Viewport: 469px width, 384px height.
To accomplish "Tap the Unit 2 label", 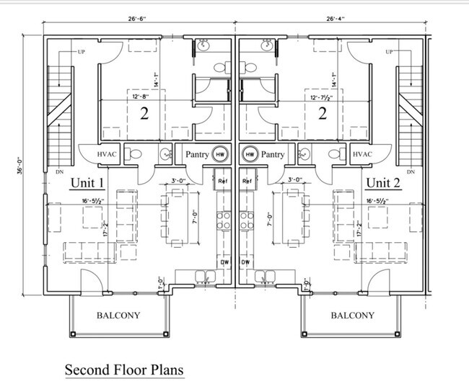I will coord(383,182).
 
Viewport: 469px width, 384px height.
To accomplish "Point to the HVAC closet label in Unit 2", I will coord(361,154).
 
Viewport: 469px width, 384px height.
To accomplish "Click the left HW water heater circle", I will coord(221,154).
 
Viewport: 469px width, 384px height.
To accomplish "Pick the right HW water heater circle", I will coord(250,154).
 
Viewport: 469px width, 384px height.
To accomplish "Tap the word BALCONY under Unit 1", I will coord(118,315).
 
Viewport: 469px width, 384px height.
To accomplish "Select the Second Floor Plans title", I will coord(124,370).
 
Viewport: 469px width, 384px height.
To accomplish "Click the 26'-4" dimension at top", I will coord(336,20).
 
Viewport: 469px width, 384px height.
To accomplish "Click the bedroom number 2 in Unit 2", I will coord(323,114).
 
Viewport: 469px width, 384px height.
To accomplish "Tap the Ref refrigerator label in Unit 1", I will coord(223,181).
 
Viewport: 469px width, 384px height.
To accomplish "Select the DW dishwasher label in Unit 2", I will coord(245,262).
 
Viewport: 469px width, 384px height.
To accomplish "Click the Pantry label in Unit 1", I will coord(196,154).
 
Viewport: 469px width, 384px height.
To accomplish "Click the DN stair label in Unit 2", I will coord(411,172).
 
